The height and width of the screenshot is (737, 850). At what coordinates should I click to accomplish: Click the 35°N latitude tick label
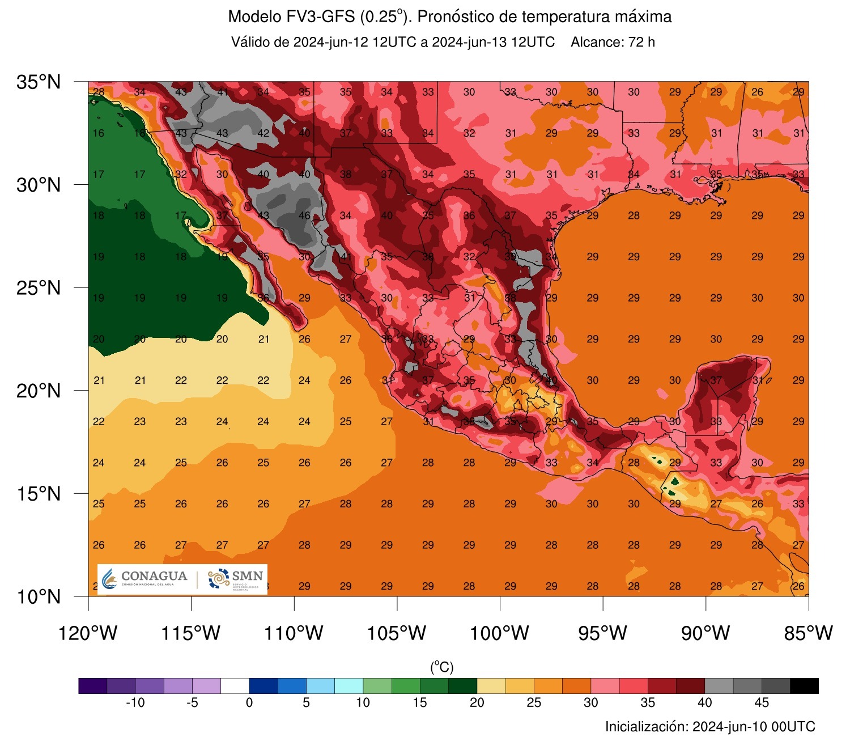point(39,82)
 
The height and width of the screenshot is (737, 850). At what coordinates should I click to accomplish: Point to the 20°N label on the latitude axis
point(39,391)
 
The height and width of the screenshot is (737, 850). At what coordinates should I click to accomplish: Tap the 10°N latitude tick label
point(39,596)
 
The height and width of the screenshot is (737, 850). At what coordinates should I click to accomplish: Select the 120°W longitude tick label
point(88,633)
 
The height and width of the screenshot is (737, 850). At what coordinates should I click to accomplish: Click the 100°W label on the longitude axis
point(499,633)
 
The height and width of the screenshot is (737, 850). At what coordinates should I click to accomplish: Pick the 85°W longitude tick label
point(808,633)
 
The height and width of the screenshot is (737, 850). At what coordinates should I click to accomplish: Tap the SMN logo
point(236,579)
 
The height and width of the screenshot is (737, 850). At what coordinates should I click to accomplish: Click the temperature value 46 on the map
point(304,215)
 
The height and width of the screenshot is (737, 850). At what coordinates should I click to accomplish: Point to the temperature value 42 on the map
point(263,133)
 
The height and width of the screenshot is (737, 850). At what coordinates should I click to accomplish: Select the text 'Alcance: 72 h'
point(613,43)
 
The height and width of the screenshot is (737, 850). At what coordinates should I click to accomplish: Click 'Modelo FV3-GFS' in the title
point(291,17)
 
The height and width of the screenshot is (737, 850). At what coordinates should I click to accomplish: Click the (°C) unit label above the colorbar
point(442,667)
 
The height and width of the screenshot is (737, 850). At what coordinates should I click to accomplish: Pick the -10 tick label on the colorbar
point(135,703)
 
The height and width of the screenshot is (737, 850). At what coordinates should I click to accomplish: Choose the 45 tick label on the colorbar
point(762,703)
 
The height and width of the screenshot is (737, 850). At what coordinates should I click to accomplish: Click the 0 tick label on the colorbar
point(249,703)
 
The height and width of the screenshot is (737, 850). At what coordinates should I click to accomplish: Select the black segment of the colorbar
point(804,686)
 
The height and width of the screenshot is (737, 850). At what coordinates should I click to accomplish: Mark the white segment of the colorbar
point(235,686)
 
